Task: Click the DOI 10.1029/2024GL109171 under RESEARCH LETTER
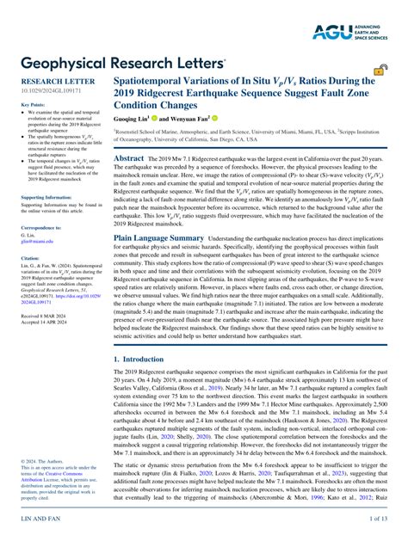tap(51, 92)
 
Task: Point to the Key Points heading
tap(33, 104)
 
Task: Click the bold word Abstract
tap(129, 158)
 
